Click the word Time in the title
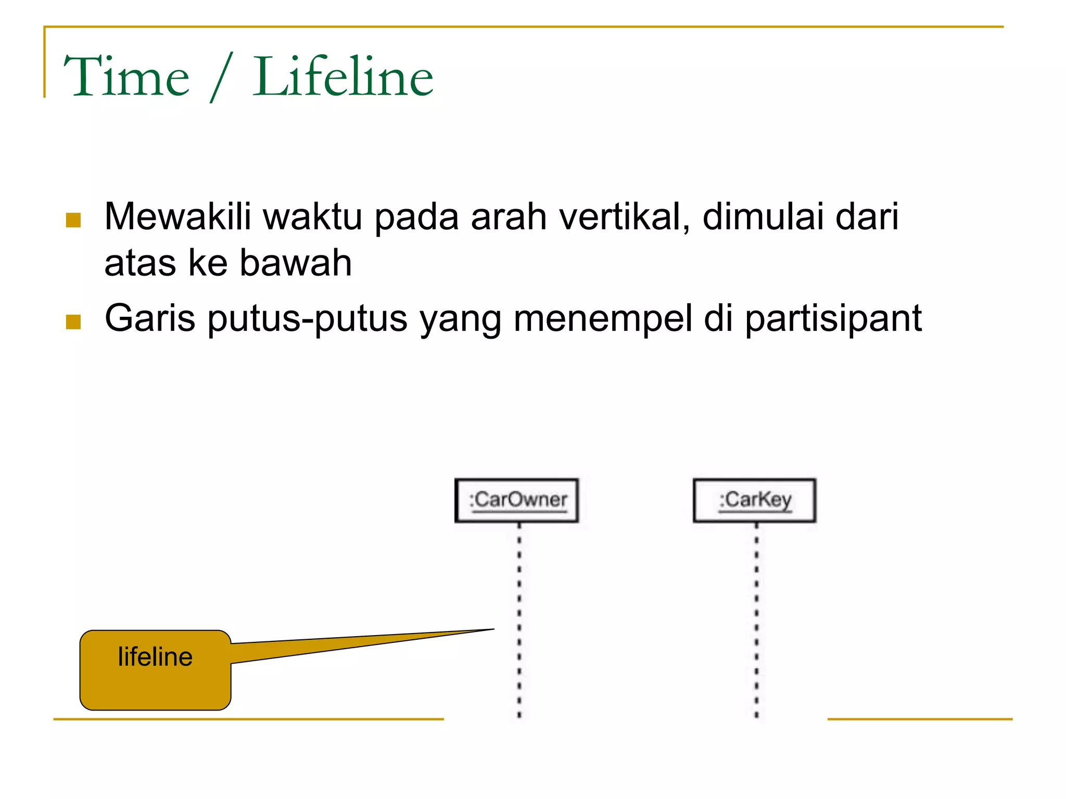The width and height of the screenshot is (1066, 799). (x=126, y=77)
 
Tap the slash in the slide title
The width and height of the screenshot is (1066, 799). (x=221, y=78)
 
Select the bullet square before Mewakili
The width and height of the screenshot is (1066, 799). (x=73, y=220)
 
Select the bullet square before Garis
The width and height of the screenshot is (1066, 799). (x=73, y=322)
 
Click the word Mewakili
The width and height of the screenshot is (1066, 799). (x=177, y=216)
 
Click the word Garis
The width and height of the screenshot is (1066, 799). (x=150, y=318)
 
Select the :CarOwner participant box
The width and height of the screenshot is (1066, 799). (x=517, y=500)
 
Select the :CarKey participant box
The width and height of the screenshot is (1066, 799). (x=754, y=500)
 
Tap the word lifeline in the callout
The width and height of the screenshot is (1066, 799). (x=155, y=656)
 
